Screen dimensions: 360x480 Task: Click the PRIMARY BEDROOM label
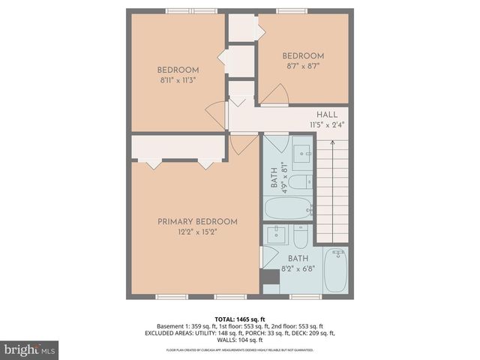click(x=197, y=221)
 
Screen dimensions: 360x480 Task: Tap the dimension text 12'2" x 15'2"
click(x=197, y=232)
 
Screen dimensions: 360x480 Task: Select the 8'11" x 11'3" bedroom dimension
click(x=178, y=80)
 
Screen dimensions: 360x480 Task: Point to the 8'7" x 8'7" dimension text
click(x=302, y=67)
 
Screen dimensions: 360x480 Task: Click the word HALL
click(x=326, y=114)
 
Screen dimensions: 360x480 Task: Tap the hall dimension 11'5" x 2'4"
click(x=326, y=124)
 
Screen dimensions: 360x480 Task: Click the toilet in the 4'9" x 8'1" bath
click(x=299, y=181)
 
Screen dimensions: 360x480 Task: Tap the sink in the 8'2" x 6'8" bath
click(x=277, y=232)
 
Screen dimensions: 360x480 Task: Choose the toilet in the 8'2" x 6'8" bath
click(x=300, y=238)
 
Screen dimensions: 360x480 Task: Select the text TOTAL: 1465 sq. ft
click(x=240, y=319)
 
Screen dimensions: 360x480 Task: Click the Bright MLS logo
click(x=30, y=349)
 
